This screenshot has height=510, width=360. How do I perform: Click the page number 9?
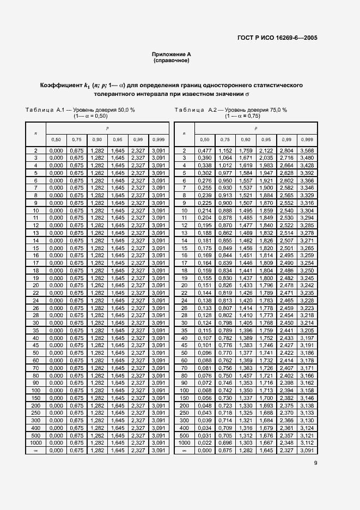point(316,463)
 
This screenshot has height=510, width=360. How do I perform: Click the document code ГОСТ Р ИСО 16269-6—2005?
point(277,38)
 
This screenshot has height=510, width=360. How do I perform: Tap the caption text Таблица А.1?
point(44,110)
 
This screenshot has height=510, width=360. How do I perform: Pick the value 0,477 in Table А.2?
point(204,150)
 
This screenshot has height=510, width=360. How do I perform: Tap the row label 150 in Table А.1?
point(35,398)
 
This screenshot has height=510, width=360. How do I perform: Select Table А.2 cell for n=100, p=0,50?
point(204,391)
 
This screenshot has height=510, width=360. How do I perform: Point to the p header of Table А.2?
point(256,129)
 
